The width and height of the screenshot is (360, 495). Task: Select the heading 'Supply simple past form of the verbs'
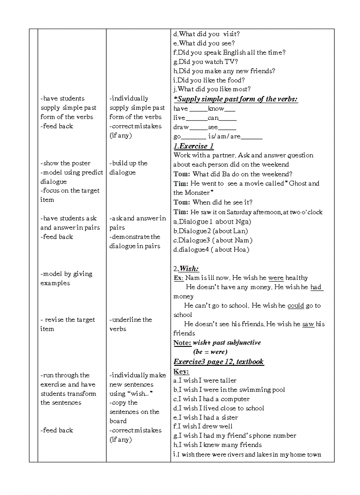(x=236, y=99)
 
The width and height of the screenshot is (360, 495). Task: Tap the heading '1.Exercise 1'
(x=194, y=146)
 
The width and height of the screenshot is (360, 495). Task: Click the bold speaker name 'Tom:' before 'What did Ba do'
(x=182, y=174)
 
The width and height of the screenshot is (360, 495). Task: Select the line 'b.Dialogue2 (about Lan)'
(x=210, y=231)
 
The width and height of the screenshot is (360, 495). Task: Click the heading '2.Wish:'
(x=186, y=268)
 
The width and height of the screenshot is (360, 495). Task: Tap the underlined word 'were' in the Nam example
(x=276, y=278)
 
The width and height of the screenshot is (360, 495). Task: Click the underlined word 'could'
(x=295, y=305)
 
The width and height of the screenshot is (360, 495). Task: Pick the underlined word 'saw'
(x=308, y=324)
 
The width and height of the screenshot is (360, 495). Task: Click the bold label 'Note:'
(x=182, y=342)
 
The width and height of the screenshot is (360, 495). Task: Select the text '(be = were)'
(x=210, y=352)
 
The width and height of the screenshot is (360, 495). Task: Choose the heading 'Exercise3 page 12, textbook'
(x=218, y=361)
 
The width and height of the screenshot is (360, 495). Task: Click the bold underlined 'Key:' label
(x=181, y=371)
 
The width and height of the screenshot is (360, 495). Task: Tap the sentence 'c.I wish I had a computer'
(x=211, y=399)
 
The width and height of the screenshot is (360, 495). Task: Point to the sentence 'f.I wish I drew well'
(x=203, y=426)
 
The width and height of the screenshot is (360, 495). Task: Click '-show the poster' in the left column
(x=65, y=163)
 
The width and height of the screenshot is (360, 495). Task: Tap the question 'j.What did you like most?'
(x=212, y=89)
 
